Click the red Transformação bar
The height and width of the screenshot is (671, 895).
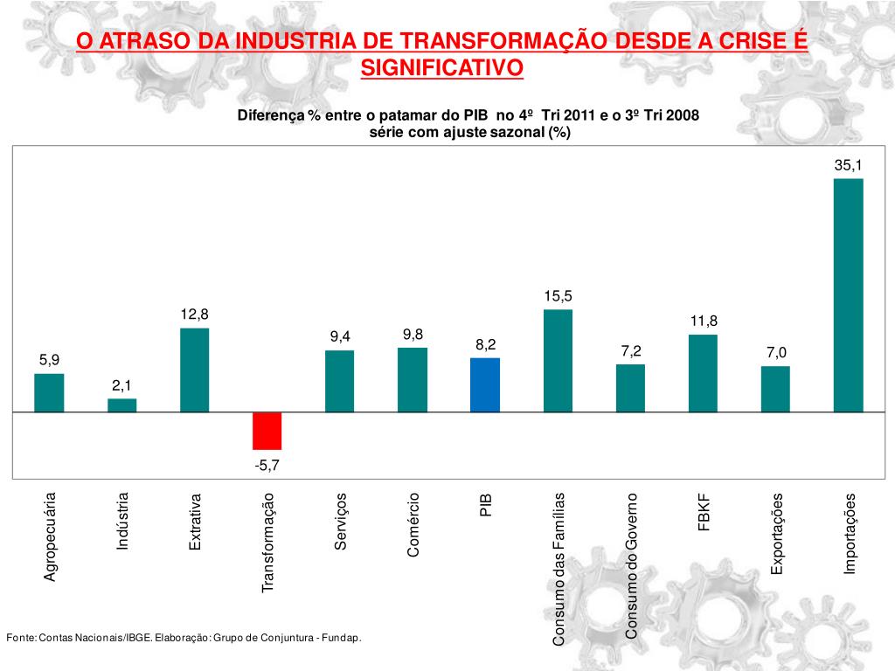click(x=267, y=430)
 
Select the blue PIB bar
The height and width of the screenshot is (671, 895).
click(x=485, y=384)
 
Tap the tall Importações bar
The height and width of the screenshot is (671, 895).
click(x=848, y=294)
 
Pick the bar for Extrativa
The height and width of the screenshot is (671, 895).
click(x=194, y=370)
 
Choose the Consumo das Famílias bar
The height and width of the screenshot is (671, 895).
click(x=558, y=360)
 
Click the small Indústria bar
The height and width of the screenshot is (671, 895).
click(x=122, y=405)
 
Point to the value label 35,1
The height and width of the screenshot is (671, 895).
click(x=848, y=164)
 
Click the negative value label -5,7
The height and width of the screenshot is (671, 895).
click(x=267, y=466)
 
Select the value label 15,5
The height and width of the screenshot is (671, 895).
click(x=558, y=296)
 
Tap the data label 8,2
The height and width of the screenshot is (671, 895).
click(x=485, y=344)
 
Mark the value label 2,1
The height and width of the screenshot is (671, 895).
click(x=122, y=385)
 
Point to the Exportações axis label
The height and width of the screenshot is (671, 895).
click(x=776, y=533)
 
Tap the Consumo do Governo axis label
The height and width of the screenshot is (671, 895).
click(x=631, y=564)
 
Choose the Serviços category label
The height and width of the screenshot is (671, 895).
click(x=341, y=521)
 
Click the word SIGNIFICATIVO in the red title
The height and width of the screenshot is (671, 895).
click(x=441, y=67)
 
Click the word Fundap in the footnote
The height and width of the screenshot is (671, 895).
click(x=342, y=638)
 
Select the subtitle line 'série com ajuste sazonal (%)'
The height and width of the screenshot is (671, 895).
click(x=468, y=132)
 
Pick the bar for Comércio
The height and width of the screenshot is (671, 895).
click(x=413, y=379)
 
